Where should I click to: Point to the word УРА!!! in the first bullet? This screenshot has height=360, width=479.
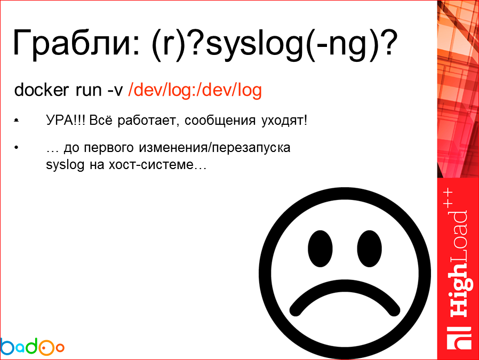point(66,121)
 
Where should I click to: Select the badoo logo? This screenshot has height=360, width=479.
point(32,347)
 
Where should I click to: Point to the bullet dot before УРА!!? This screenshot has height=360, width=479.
point(17,121)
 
